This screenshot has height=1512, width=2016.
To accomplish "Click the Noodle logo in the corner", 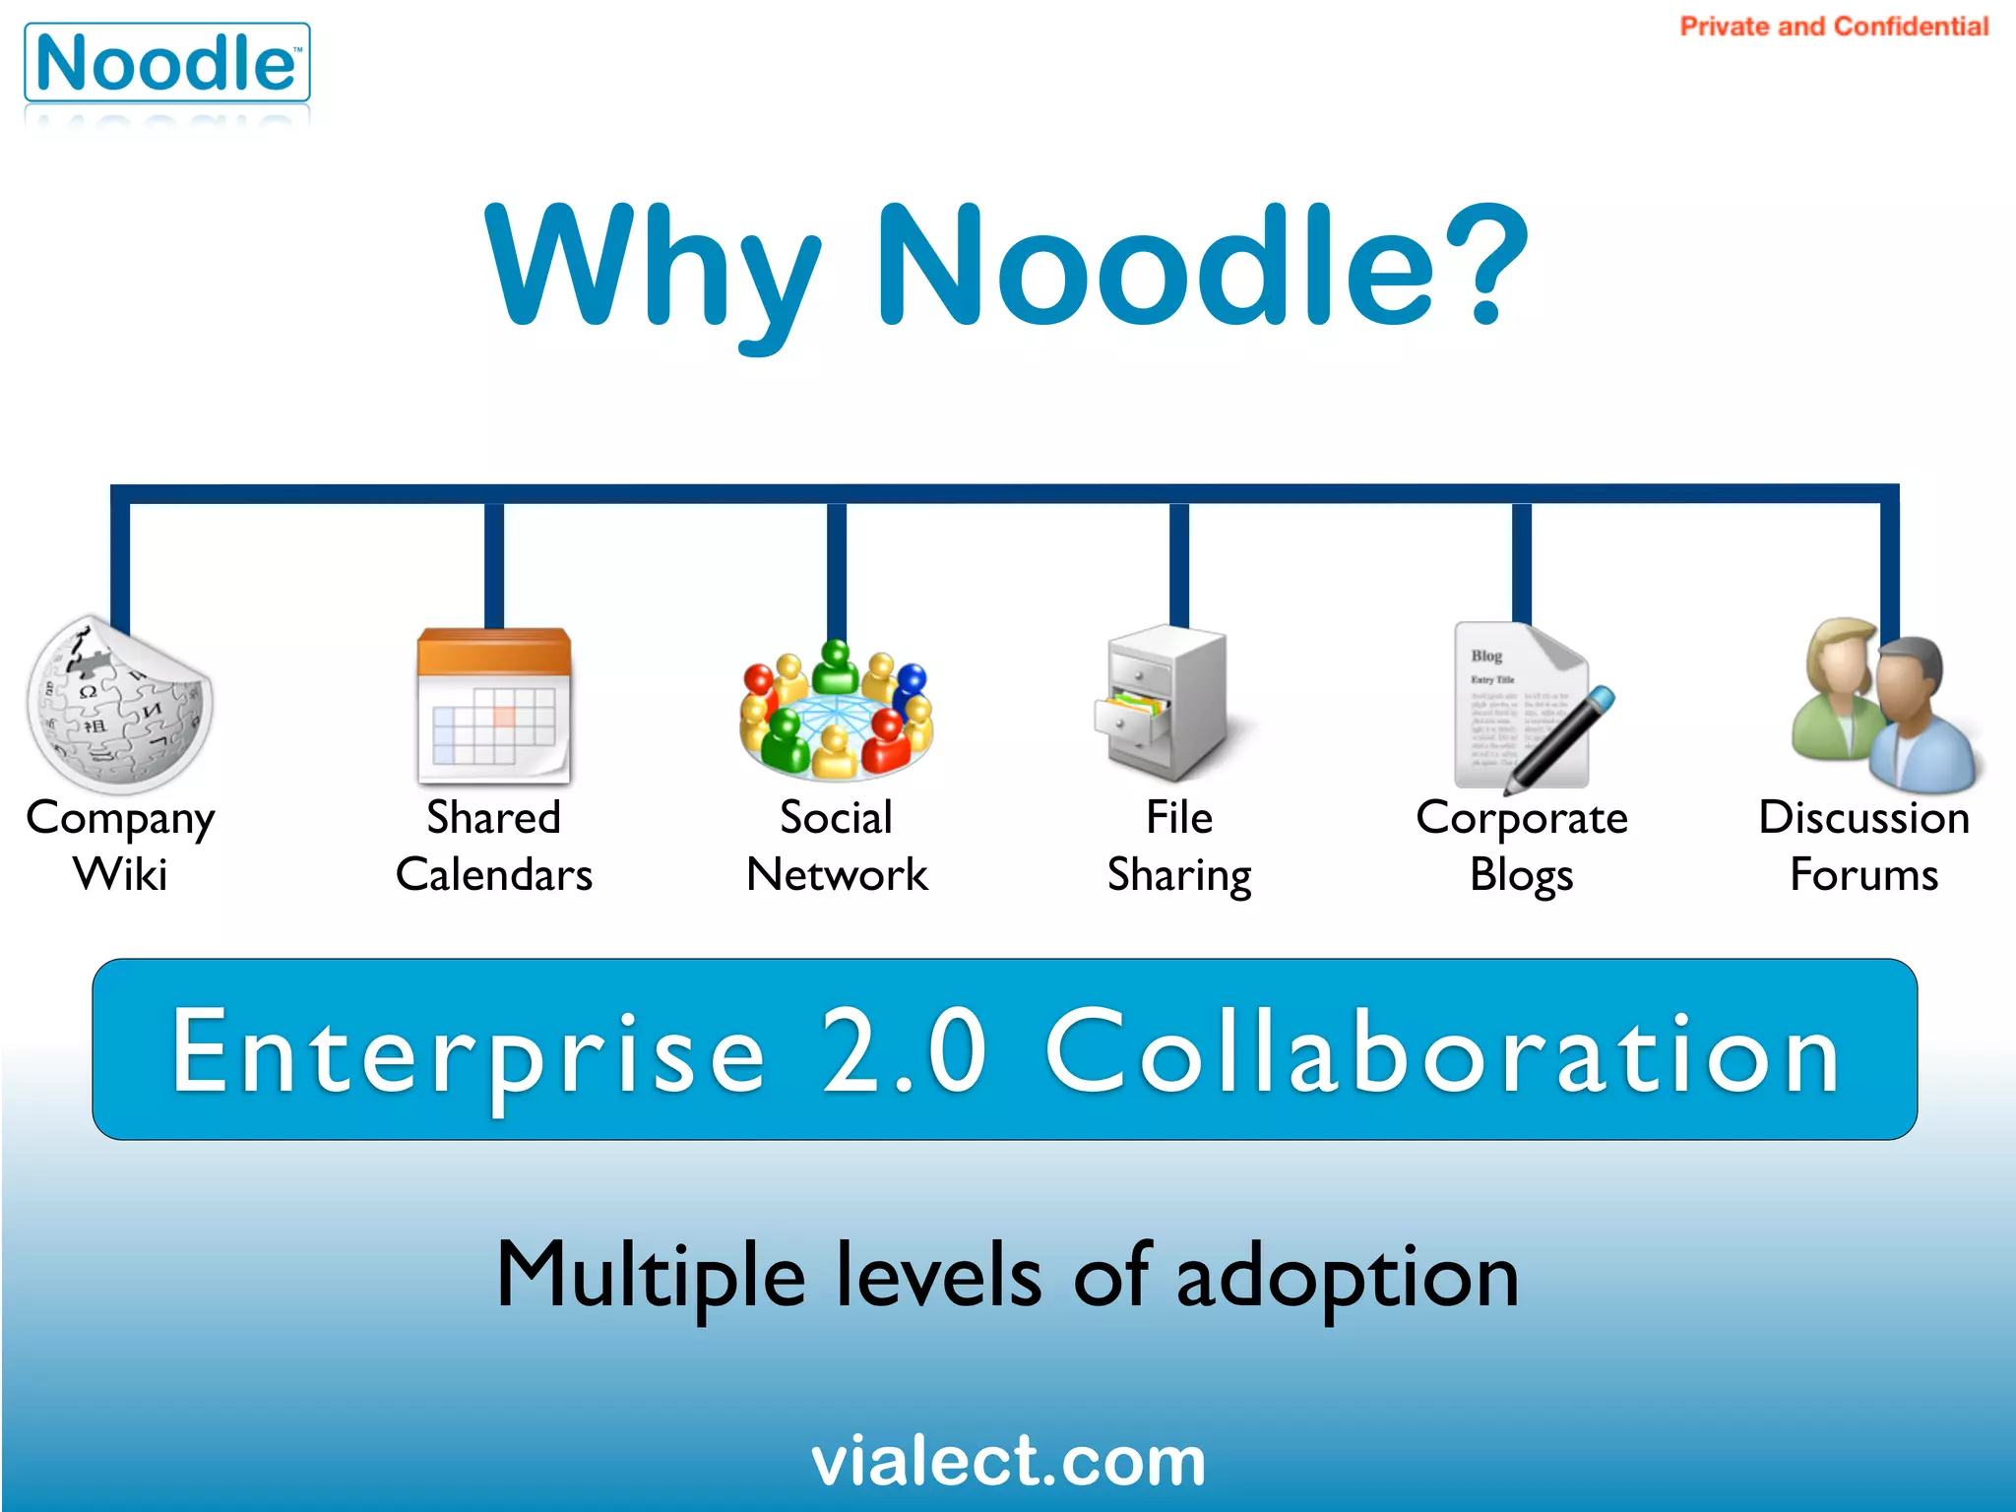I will click(x=166, y=64).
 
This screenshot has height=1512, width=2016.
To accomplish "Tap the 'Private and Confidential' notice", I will click(x=1833, y=27).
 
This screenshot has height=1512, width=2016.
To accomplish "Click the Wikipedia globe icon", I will click(x=119, y=706).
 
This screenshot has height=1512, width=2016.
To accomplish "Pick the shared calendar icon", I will click(x=494, y=706).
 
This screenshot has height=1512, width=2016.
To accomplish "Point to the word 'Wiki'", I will click(x=120, y=874).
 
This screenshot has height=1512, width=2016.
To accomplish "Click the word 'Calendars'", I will click(x=494, y=874).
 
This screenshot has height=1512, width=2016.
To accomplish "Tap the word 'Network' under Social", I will click(x=837, y=874).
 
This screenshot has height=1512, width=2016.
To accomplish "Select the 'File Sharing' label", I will click(x=1179, y=847).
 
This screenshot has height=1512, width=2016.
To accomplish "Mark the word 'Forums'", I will click(x=1863, y=874).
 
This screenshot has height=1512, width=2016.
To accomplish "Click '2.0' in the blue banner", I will click(x=904, y=1051).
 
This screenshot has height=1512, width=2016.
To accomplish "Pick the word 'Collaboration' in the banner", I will click(x=1442, y=1051).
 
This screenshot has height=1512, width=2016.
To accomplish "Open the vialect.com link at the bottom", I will click(x=1008, y=1461).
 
